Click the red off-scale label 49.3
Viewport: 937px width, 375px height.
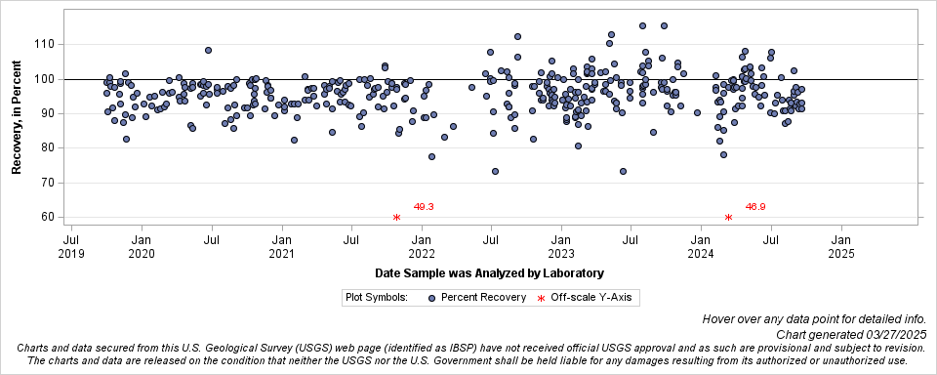tap(424, 207)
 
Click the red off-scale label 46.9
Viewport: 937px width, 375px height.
tap(755, 207)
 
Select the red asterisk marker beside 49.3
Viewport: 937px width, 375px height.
tap(396, 217)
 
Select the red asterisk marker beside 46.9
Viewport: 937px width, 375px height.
tap(728, 217)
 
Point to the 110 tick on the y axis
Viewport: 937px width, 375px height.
tap(44, 45)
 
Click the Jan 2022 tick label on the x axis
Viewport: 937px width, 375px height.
tap(422, 246)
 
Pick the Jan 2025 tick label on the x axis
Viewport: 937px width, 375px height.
tap(841, 246)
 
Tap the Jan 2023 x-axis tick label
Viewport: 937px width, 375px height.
tap(561, 246)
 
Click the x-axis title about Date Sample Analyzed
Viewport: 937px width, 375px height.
tap(489, 272)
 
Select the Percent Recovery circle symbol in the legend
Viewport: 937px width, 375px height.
tap(430, 296)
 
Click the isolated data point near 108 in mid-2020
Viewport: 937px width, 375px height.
tap(209, 50)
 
